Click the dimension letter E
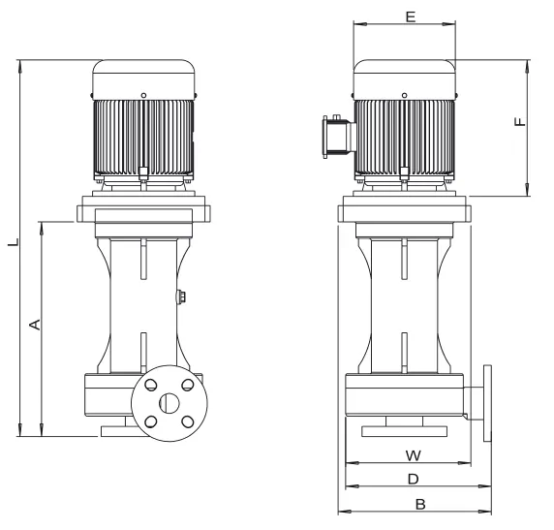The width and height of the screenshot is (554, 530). pyautogui.click(x=411, y=16)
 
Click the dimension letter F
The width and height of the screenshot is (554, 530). pyautogui.click(x=520, y=122)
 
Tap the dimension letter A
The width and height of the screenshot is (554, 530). pyautogui.click(x=35, y=325)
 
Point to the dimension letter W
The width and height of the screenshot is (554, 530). pyautogui.click(x=413, y=455)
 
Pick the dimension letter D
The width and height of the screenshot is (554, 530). pyautogui.click(x=413, y=480)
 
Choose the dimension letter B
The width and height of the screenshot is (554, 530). pyautogui.click(x=420, y=505)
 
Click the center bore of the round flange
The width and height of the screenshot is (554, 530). pyautogui.click(x=169, y=403)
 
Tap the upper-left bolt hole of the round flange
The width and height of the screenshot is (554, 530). pyautogui.click(x=151, y=385)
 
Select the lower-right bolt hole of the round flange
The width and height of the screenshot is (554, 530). pyautogui.click(x=188, y=421)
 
